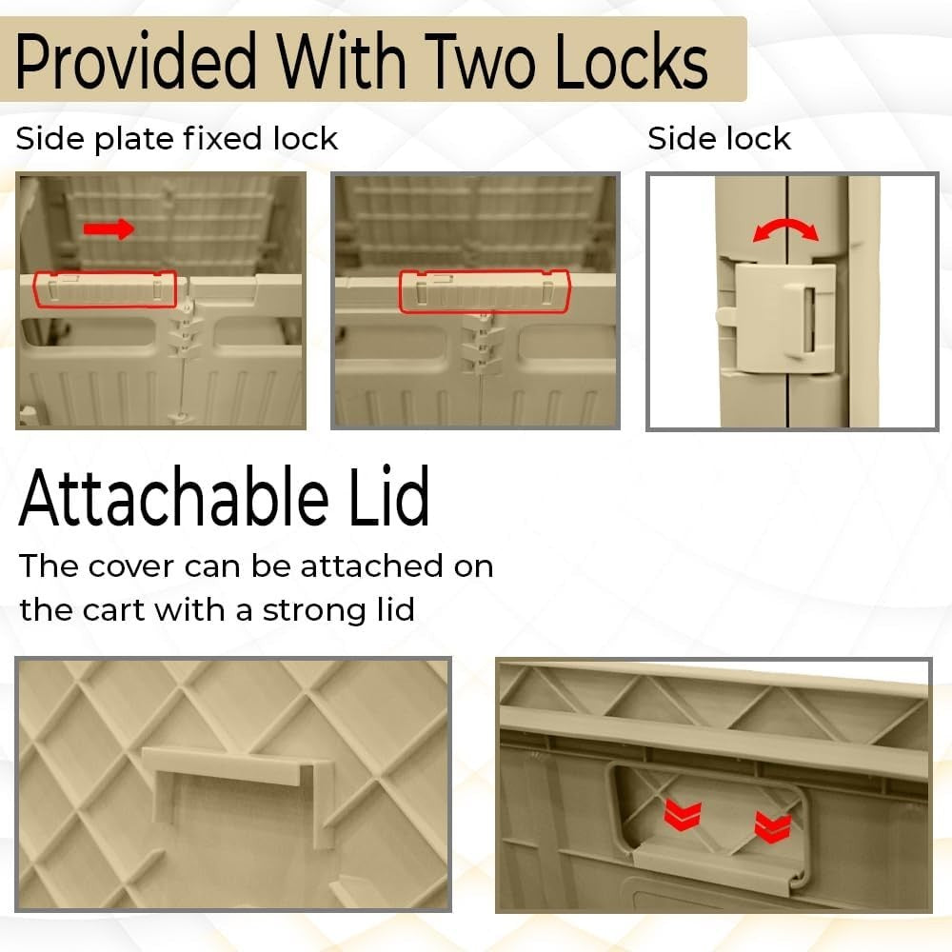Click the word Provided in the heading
(136, 61)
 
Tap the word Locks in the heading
(632, 61)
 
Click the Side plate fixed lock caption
(176, 139)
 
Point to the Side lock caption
(720, 139)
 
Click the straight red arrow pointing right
(109, 228)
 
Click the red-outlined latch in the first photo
(105, 289)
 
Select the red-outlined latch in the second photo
(485, 291)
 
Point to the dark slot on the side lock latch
(808, 319)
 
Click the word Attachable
(173, 497)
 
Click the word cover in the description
(131, 566)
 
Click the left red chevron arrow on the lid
(683, 814)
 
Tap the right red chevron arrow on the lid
(773, 827)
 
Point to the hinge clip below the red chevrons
(720, 866)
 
